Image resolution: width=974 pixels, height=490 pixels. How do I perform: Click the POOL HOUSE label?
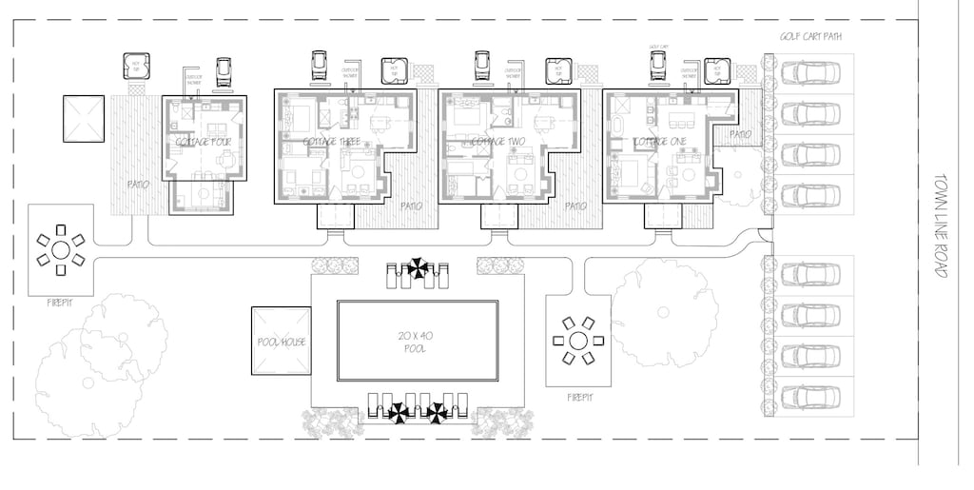coord(281,342)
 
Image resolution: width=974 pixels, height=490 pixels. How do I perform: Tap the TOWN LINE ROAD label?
coord(943,225)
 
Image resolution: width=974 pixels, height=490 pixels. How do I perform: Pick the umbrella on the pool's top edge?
coord(417,269)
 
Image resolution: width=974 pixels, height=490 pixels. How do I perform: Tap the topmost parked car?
coord(810,72)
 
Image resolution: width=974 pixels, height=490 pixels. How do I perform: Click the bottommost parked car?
coord(810,393)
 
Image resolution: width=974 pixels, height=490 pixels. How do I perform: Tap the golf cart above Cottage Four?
coord(224,69)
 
